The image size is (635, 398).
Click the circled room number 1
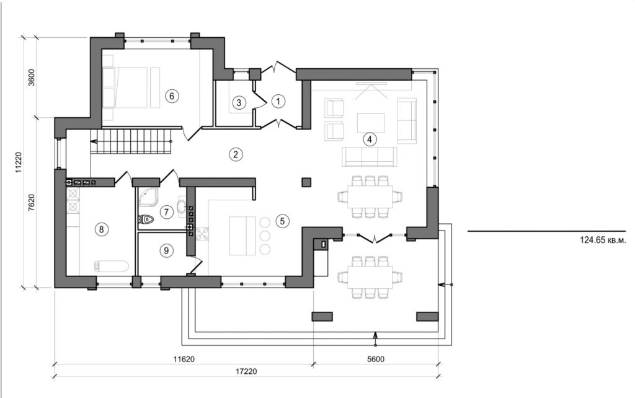[278, 100]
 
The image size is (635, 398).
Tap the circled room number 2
[234, 154]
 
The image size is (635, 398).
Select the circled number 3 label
[239, 102]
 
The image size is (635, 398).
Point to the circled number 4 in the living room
[370, 139]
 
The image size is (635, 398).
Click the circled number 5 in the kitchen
[282, 220]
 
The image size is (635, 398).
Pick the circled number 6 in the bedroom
[172, 95]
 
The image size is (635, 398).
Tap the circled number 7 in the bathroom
[166, 212]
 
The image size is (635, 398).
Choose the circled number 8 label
[101, 229]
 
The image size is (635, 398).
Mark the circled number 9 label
[165, 250]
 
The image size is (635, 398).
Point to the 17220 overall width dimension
[247, 371]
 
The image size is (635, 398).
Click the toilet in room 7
[146, 218]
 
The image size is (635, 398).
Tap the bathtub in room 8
[112, 266]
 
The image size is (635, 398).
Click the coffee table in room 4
[370, 122]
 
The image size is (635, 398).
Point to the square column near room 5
[306, 182]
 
